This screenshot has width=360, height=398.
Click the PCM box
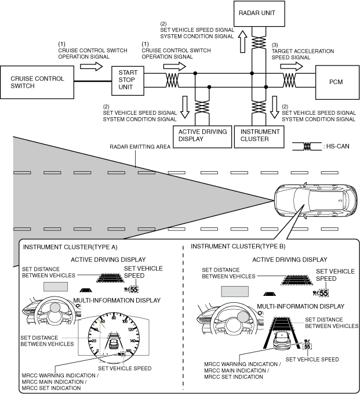click(335, 82)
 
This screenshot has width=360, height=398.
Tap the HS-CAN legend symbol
click(309, 148)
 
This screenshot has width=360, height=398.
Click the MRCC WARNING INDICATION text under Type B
click(242, 365)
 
